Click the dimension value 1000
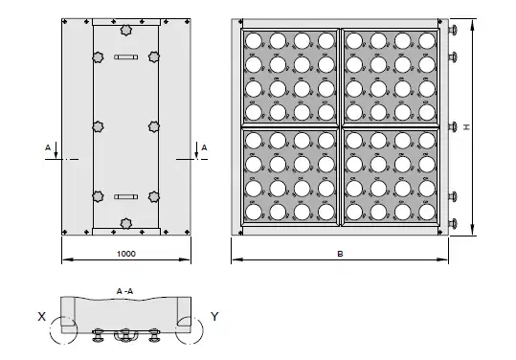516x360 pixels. [x=126, y=254]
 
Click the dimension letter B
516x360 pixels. [x=340, y=254]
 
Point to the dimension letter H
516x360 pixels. [x=466, y=126]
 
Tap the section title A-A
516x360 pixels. [x=124, y=291]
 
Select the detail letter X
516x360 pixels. [x=42, y=317]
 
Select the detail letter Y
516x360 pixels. [x=214, y=317]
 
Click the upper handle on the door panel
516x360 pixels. [x=126, y=57]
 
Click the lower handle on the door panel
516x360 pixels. [x=126, y=197]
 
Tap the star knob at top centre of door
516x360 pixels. [x=125, y=31]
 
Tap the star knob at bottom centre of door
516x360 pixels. [x=125, y=223]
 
